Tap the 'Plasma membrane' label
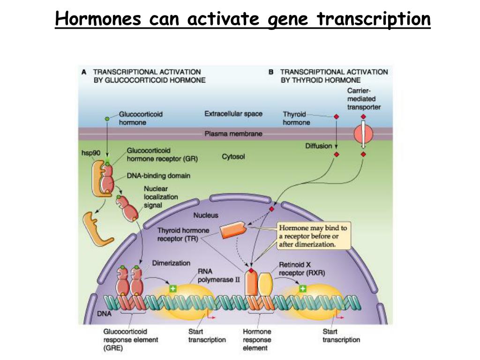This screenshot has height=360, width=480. pos(233,134)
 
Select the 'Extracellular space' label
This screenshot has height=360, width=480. pos(233,114)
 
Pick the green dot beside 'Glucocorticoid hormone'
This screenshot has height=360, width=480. pos(107,119)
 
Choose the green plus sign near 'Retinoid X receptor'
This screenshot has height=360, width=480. pos(303,288)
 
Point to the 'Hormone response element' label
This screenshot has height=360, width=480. pos(256,340)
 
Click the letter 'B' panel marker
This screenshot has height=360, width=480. pos(271,72)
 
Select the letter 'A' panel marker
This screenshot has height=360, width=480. pos(84,72)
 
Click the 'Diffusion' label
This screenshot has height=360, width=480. pos(319,146)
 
